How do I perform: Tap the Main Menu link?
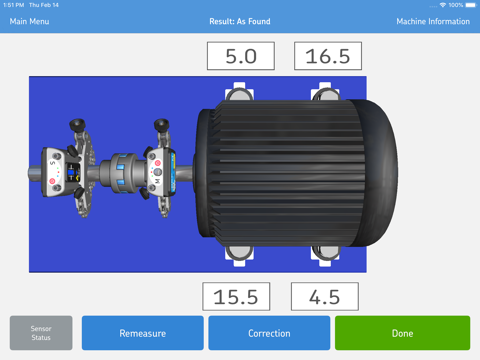pyautogui.click(x=29, y=20)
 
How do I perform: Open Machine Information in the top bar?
pyautogui.click(x=433, y=20)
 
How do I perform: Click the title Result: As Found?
pyautogui.click(x=240, y=20)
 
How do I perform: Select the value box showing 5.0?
pyautogui.click(x=240, y=56)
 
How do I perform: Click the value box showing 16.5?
pyautogui.click(x=327, y=56)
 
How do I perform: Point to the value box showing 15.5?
pyautogui.click(x=236, y=297)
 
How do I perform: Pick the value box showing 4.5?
pyautogui.click(x=325, y=297)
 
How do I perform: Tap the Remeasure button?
pyautogui.click(x=142, y=333)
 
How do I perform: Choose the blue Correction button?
pyautogui.click(x=269, y=333)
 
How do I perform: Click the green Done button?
pyautogui.click(x=402, y=333)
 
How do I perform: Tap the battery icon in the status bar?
pyautogui.click(x=470, y=5)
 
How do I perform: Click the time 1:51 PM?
pyautogui.click(x=13, y=5)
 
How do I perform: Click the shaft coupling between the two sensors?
pyautogui.click(x=122, y=170)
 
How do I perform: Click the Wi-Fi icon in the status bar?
pyautogui.click(x=441, y=5)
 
